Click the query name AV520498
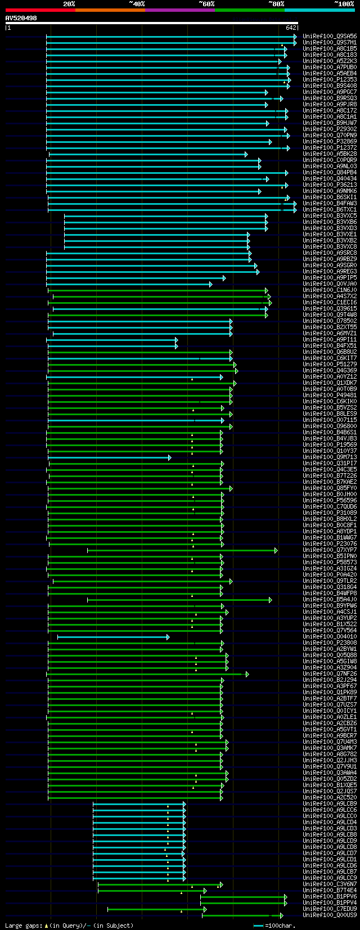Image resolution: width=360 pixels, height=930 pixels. point(21,18)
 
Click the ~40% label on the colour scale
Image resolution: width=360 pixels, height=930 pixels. point(137,3)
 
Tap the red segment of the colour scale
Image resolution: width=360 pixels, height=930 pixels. point(40,10)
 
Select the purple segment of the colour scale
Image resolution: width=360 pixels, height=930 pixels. point(179,10)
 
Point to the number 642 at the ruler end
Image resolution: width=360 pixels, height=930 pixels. point(291,27)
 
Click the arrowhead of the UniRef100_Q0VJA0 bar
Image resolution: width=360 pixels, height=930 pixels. point(211,284)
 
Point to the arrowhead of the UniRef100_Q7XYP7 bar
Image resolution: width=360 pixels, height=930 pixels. point(276,550)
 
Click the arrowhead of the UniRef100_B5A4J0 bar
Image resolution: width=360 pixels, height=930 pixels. point(271,600)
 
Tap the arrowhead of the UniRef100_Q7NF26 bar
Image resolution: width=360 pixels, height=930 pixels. point(247,674)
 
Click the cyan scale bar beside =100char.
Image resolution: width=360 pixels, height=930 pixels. point(259,925)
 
